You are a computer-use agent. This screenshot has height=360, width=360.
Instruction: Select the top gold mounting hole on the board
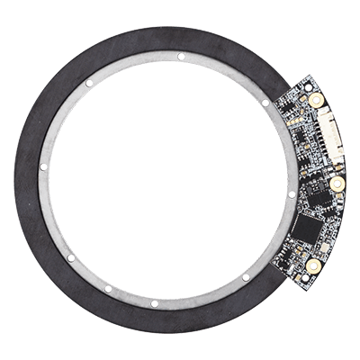click(316, 102)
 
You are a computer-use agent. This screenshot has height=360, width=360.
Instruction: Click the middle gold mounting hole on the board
click(337, 184)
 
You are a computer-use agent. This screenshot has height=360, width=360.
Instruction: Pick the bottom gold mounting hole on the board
click(311, 266)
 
